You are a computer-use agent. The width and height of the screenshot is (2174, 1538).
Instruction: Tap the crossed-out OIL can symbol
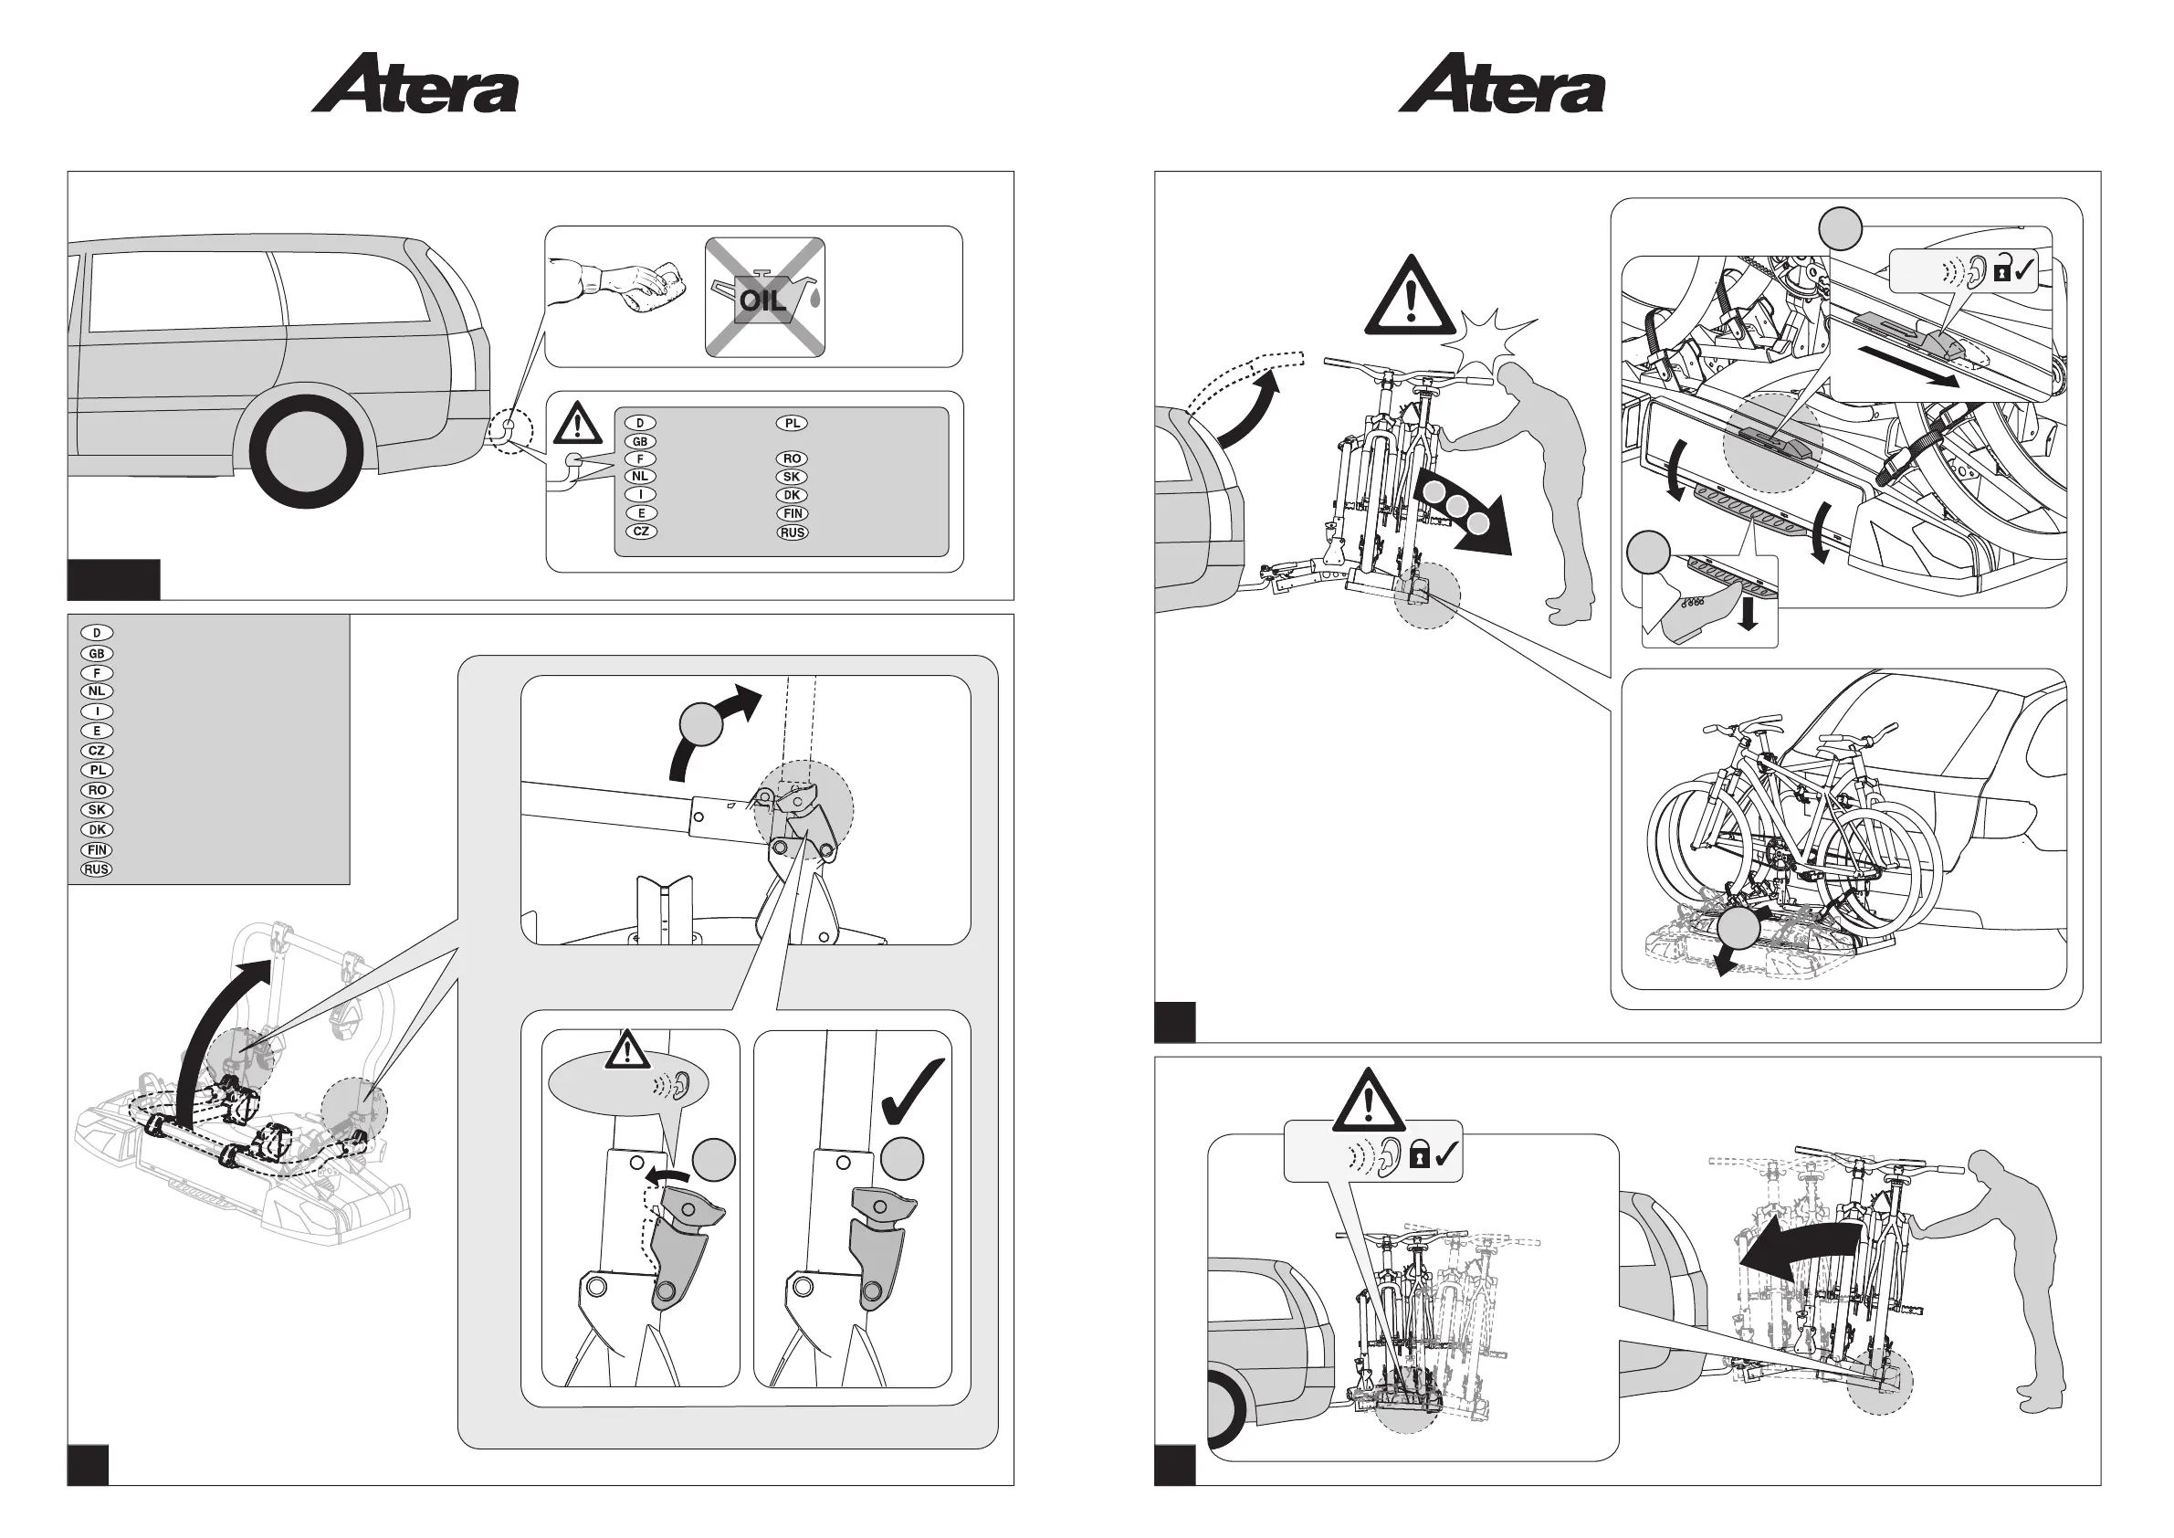click(764, 298)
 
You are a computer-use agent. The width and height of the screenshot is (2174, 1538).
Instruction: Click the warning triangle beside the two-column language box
click(578, 424)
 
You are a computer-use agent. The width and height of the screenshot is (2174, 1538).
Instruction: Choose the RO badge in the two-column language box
click(792, 458)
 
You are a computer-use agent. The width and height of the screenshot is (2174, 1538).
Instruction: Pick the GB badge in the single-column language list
click(97, 653)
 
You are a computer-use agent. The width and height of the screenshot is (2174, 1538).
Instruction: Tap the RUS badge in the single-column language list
click(97, 869)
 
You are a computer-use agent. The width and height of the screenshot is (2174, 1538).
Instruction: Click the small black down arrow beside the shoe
click(1749, 617)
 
